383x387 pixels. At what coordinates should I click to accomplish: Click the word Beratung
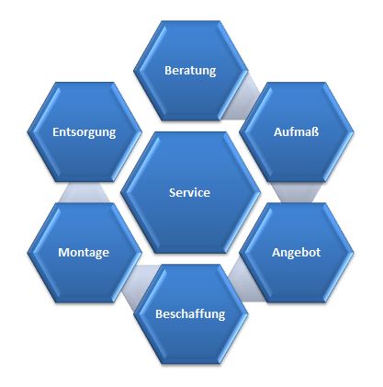[x=190, y=71]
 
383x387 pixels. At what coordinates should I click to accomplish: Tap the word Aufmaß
[x=297, y=132]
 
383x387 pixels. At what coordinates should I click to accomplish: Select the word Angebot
[x=297, y=253]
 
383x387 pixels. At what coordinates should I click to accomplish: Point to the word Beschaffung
[x=190, y=314]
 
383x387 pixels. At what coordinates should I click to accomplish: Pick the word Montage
[x=84, y=253]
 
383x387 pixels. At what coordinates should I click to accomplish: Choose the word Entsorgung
[x=84, y=132]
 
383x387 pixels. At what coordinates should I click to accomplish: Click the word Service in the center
[x=189, y=192]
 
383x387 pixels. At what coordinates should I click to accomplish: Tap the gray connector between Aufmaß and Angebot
[x=297, y=192]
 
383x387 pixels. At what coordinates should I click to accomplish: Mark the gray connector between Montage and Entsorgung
[x=84, y=192]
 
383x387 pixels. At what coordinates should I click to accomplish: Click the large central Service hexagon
[x=190, y=192]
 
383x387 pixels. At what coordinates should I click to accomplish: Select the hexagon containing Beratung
[x=190, y=71]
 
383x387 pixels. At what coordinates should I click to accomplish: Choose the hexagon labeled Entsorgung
[x=84, y=132]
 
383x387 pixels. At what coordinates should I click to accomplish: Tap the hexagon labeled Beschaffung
[x=190, y=314]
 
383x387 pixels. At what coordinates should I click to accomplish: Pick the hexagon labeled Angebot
[x=297, y=253]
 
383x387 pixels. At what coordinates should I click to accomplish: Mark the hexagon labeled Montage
[x=84, y=253]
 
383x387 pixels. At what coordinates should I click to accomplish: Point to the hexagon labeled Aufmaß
[x=297, y=132]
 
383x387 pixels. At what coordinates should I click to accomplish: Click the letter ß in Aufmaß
[x=316, y=132]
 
